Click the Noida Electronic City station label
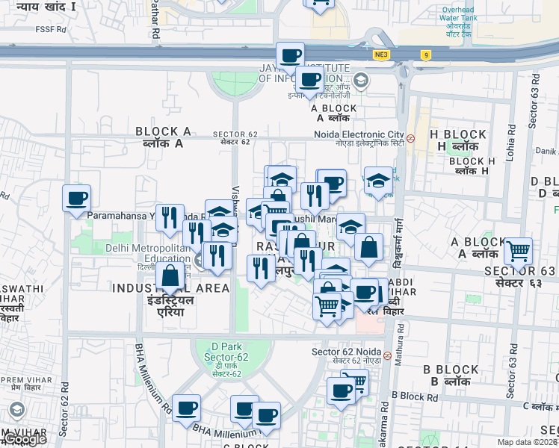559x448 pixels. pyautogui.click(x=359, y=137)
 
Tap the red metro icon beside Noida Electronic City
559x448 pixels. pyautogui.click(x=411, y=138)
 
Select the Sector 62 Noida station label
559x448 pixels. pyautogui.click(x=346, y=352)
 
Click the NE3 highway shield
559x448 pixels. pyautogui.click(x=382, y=55)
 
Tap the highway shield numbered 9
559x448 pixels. pyautogui.click(x=425, y=55)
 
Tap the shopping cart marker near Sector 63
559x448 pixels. pyautogui.click(x=518, y=251)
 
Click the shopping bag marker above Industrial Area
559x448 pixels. pyautogui.click(x=170, y=276)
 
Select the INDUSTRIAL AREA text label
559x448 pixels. pyautogui.click(x=171, y=288)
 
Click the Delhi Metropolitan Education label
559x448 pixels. pyautogui.click(x=147, y=253)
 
